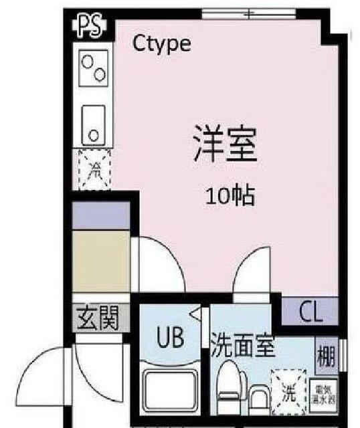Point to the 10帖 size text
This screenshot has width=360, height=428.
[230, 196]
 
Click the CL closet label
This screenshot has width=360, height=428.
[310, 312]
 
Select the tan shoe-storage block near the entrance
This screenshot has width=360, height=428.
[101, 261]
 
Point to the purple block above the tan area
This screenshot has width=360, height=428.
[101, 215]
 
